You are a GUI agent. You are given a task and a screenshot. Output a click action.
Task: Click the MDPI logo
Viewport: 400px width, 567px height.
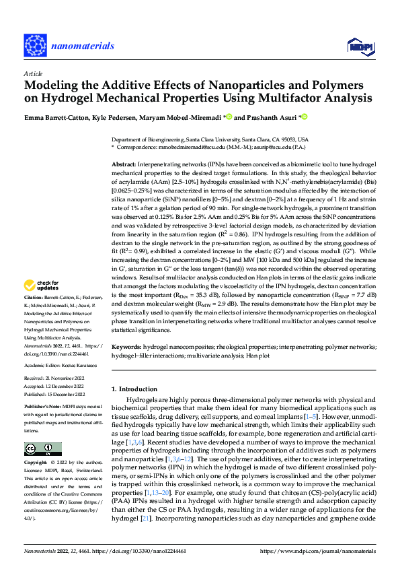358,45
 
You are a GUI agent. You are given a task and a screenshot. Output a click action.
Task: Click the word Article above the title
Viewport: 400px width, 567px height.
32,74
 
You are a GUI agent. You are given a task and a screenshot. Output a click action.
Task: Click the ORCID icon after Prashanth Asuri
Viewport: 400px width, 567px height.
304,118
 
